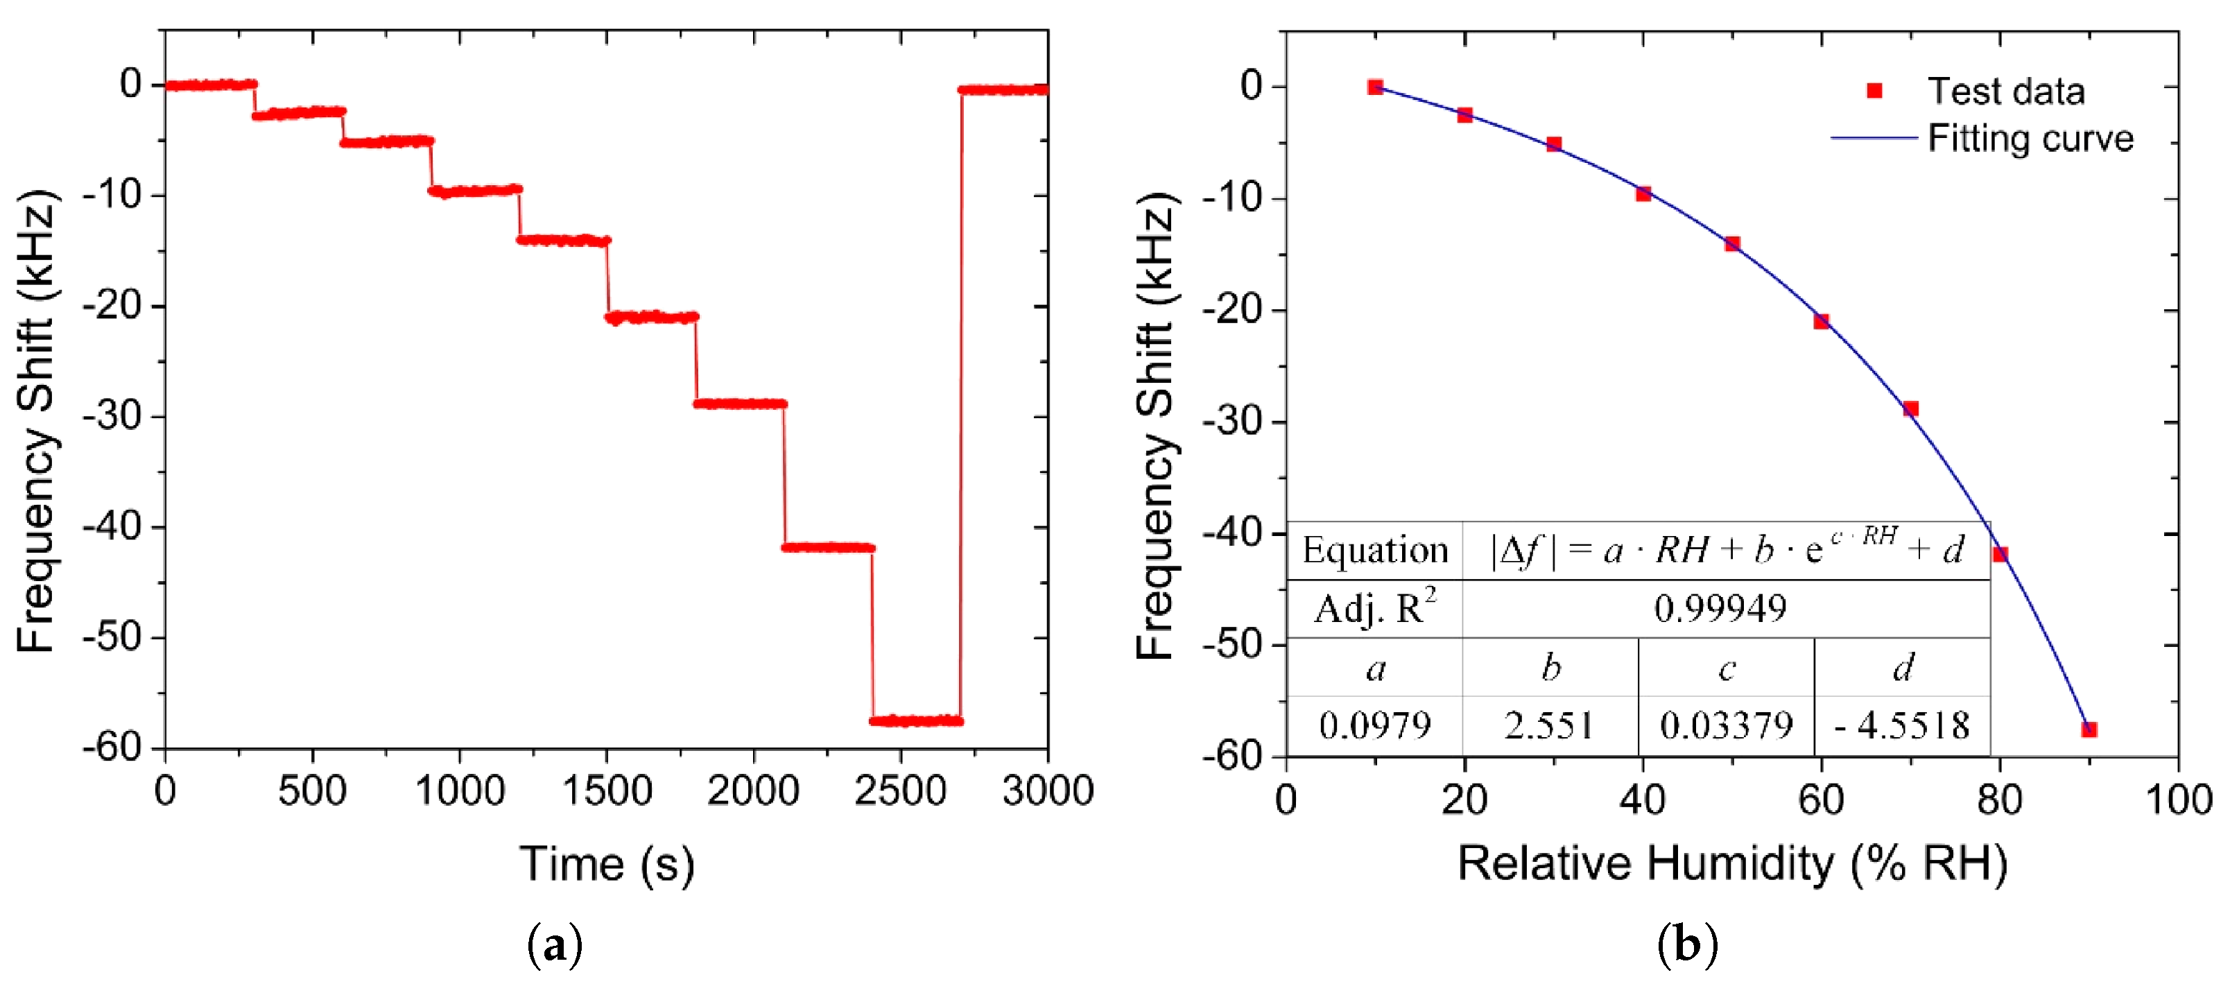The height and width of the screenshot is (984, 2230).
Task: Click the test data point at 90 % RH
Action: click(x=2088, y=729)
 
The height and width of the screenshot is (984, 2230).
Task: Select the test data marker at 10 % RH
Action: click(x=1375, y=87)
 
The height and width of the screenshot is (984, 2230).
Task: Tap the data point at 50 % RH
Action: click(x=1731, y=243)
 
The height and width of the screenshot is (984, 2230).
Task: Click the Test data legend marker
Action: click(x=1874, y=91)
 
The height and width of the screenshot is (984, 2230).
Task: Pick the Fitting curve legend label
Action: click(x=2030, y=139)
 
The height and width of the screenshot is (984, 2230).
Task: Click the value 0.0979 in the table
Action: click(x=1375, y=725)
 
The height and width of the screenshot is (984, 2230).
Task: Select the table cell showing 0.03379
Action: click(x=1725, y=725)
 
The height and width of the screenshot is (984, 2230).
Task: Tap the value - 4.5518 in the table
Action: click(x=1902, y=725)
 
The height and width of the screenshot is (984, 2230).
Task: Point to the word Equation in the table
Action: click(x=1375, y=551)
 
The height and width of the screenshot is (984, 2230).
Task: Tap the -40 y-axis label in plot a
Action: click(x=112, y=526)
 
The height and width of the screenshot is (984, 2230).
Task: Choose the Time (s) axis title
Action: click(x=606, y=864)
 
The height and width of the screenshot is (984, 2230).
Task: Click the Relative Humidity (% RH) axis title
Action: click(x=1731, y=864)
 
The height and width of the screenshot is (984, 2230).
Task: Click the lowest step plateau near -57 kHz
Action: click(x=916, y=720)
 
